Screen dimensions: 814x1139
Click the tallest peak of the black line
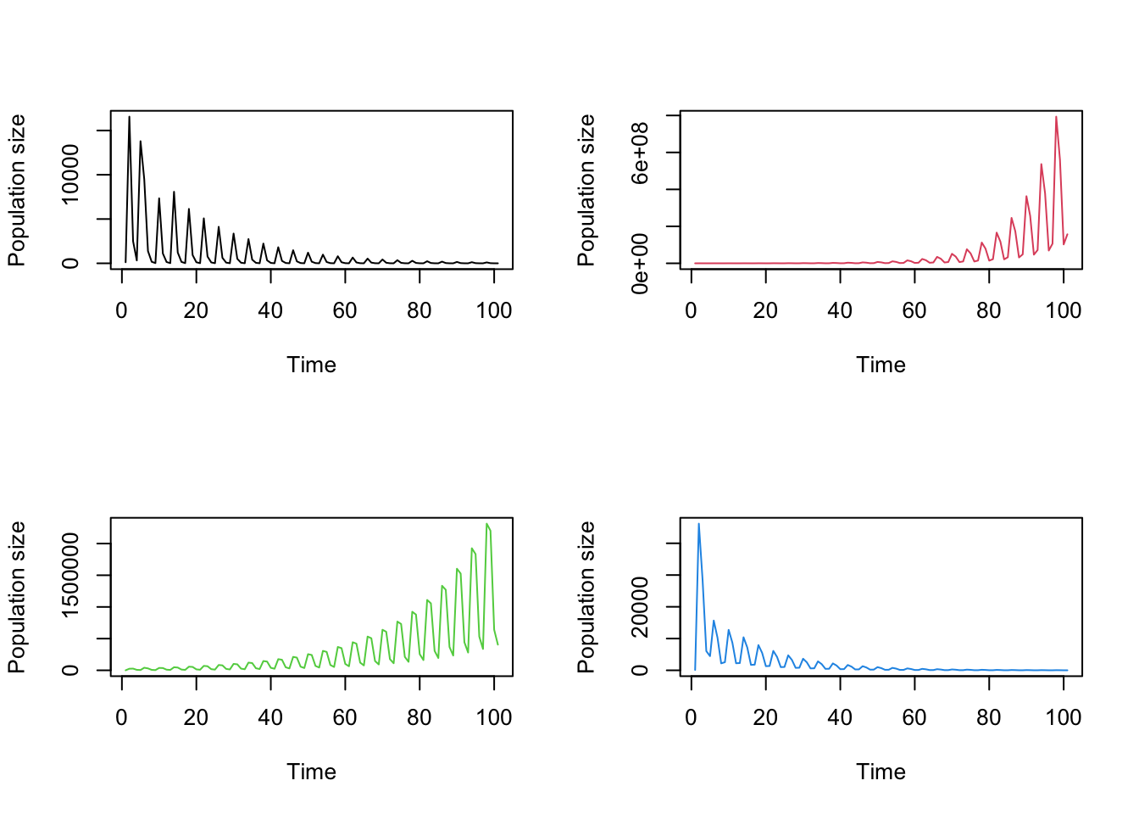point(130,117)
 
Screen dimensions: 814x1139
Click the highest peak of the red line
point(1056,117)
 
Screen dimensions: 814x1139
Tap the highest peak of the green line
point(486,524)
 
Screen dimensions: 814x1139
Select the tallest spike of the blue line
point(698,524)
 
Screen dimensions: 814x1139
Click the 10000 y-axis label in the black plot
point(70,175)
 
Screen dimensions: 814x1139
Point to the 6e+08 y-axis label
point(640,153)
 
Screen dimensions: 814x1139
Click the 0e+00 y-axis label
point(640,264)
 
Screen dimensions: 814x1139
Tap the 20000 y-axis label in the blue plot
point(640,607)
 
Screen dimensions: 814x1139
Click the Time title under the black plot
point(311,365)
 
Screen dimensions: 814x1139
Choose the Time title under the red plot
point(881,365)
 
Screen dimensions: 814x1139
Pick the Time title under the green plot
point(311,772)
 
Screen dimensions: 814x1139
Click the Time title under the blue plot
point(881,772)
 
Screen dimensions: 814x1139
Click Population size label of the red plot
point(586,190)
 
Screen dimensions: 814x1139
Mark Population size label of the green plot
point(16,597)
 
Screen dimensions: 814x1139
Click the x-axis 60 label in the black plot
point(345,311)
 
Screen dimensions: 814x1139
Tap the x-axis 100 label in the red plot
point(1063,311)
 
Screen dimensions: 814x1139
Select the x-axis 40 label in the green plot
point(270,718)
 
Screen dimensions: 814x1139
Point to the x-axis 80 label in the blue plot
point(988,718)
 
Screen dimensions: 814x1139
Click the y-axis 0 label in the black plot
point(70,264)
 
